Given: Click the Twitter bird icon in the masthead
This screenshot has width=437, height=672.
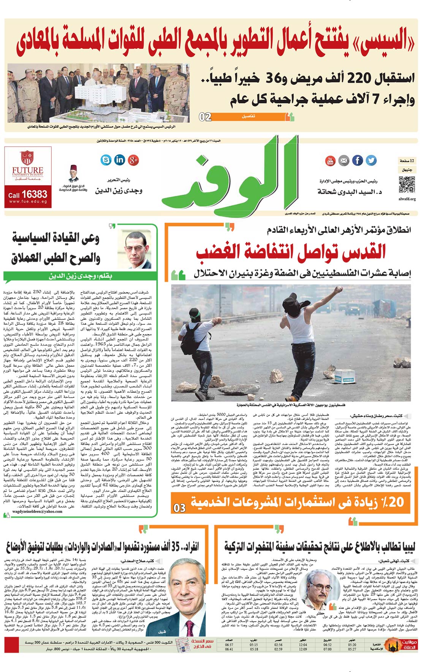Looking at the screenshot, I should [x=371, y=160].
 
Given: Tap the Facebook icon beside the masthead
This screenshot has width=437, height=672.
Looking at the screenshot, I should [x=357, y=160].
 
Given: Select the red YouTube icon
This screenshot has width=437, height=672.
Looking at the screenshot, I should [x=330, y=160].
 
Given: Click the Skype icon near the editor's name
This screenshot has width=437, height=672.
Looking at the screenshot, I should [x=106, y=160].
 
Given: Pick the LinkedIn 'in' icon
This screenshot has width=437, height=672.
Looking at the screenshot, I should [x=119, y=160].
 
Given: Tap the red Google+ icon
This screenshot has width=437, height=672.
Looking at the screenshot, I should [x=133, y=160].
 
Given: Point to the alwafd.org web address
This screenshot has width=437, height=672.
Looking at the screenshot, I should [x=407, y=199].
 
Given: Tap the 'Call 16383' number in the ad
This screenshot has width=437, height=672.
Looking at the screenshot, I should [x=28, y=194].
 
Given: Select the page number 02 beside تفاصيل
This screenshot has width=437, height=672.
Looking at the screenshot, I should [x=205, y=117].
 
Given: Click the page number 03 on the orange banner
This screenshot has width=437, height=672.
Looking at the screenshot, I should [x=180, y=508].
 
